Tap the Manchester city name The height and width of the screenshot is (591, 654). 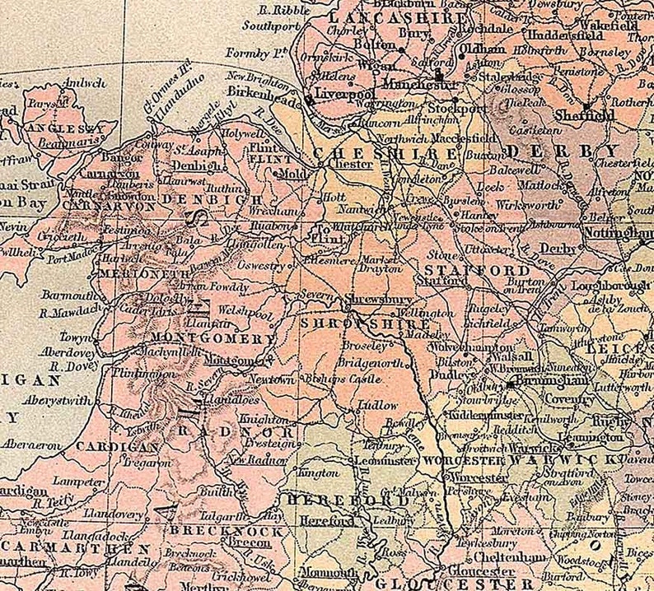coord(417,85)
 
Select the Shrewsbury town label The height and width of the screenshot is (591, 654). coord(367,300)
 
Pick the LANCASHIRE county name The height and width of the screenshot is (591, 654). coord(372,16)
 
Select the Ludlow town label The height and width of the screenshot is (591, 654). coord(378,406)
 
